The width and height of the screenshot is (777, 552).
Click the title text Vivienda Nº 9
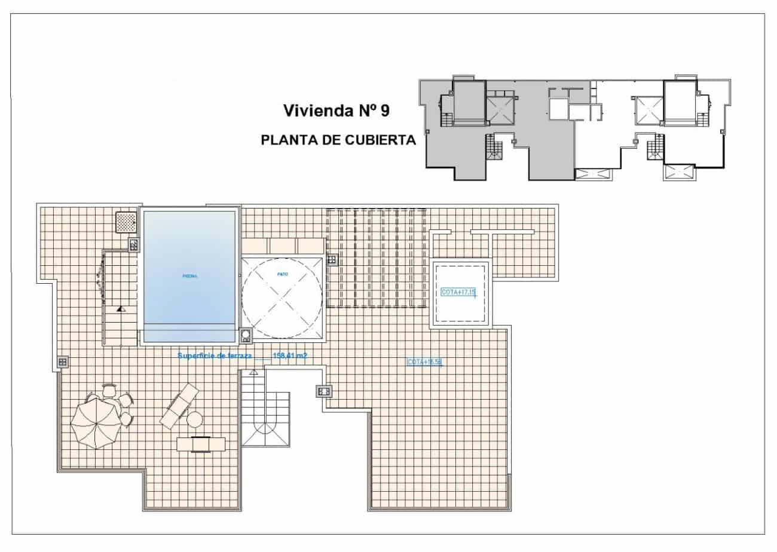click(337, 111)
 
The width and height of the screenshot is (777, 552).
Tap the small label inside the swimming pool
click(189, 276)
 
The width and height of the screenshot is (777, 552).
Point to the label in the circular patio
click(283, 274)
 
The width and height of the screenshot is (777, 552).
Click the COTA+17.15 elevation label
click(458, 292)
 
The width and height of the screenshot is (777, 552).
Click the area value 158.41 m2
click(290, 356)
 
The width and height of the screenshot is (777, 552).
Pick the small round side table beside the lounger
click(195, 420)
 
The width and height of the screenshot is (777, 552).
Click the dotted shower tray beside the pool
click(127, 222)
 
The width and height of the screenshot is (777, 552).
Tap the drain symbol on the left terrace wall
click(63, 361)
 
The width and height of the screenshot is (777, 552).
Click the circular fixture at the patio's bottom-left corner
click(246, 336)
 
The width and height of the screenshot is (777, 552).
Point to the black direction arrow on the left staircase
click(121, 309)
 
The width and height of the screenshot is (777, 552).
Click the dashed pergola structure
click(376, 258)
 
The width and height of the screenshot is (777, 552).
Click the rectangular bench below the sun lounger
click(201, 444)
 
